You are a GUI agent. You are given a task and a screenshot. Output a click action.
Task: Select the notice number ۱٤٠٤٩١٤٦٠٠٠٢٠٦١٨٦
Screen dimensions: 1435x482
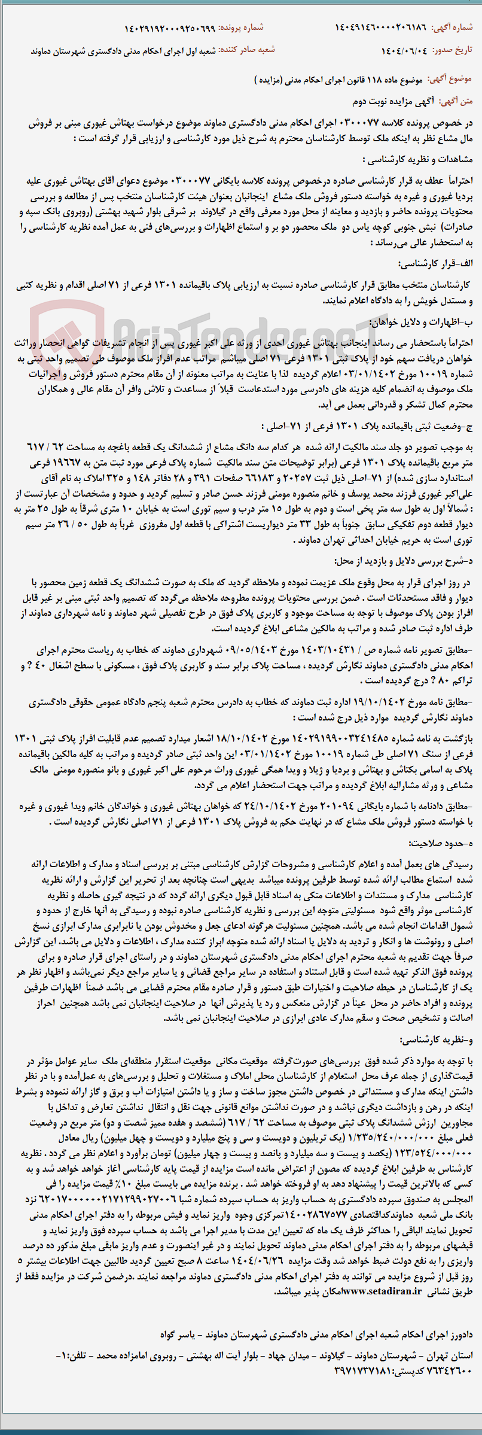point(381,28)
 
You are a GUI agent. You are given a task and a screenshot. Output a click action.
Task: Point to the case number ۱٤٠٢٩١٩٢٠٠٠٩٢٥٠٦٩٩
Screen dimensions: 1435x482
point(169,28)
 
